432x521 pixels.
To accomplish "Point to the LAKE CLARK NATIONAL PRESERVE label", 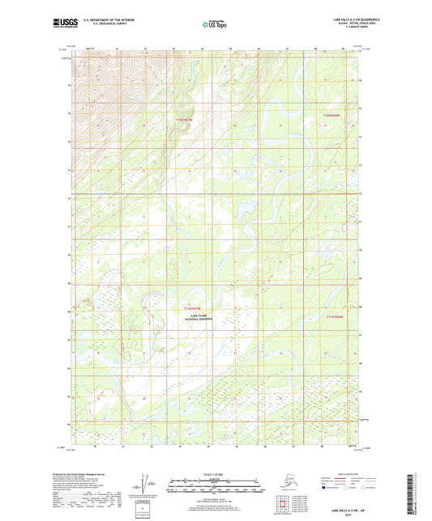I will tap(196, 320).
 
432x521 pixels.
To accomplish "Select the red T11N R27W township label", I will tap(193, 307).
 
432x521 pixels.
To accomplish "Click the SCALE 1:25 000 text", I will tap(216, 474).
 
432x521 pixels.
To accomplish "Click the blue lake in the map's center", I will tap(241, 214).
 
